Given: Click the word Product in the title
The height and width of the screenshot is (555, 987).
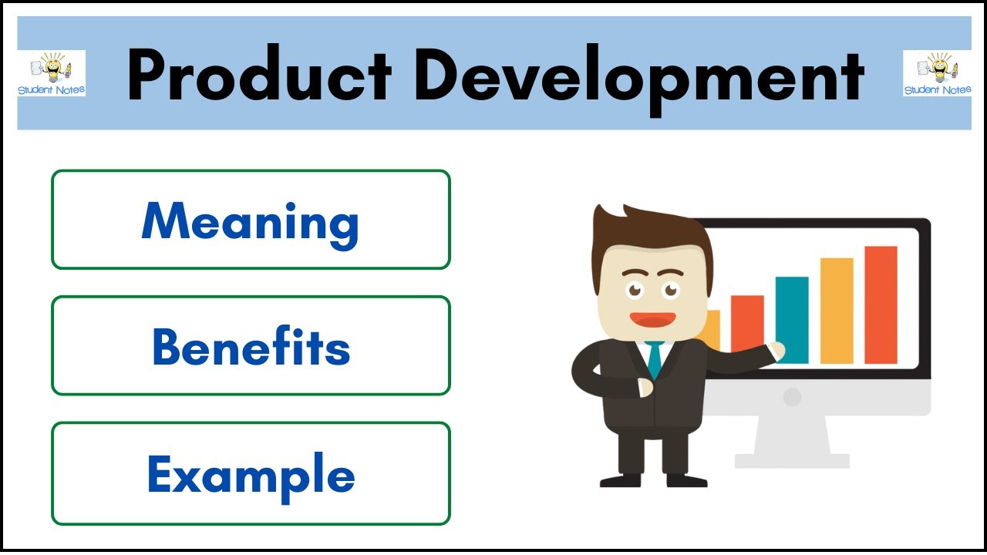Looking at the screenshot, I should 259,75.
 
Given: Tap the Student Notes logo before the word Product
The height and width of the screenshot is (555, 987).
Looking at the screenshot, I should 52,74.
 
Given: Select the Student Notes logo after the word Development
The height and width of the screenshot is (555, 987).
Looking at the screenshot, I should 937,74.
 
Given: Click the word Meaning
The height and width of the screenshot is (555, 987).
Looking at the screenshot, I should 251,222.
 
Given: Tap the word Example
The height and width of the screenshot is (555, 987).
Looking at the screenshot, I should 251,474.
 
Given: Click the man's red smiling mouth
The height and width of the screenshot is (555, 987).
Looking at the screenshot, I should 652,319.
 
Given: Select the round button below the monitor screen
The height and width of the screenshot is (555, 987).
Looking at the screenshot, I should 792,398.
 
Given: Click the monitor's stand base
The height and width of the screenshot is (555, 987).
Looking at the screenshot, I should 792,460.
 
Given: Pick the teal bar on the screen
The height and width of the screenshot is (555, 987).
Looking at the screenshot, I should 792,320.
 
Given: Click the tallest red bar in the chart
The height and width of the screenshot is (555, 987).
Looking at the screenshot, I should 881,304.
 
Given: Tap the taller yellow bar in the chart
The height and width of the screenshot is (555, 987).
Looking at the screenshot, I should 837,311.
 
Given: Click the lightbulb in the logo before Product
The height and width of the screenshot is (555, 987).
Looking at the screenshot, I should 52,66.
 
